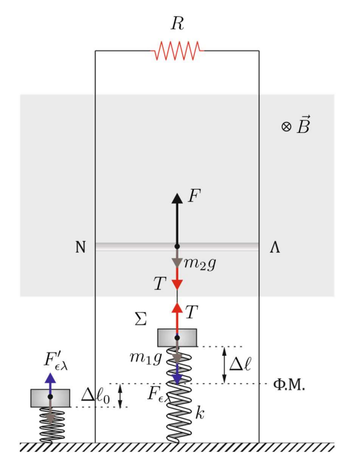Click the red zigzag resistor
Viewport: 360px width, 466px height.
coord(177,51)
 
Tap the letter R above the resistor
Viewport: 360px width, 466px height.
coord(177,24)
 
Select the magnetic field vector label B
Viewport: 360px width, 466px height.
coord(303,125)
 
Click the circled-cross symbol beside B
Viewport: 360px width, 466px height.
coord(286,127)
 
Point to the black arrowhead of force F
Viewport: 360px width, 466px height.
coord(177,199)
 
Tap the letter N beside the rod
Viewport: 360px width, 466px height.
coord(81,247)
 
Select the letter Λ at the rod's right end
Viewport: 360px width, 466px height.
coord(275,248)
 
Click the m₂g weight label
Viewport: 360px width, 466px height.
coord(200,264)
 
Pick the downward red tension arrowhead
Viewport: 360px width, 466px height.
coord(177,284)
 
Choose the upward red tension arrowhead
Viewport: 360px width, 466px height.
coord(177,307)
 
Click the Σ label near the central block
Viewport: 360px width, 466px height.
coord(140,319)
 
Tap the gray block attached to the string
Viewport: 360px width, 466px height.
coord(177,338)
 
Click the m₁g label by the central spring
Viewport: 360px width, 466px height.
coord(146,358)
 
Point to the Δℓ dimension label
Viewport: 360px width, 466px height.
coord(240,364)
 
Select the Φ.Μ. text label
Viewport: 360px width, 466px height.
coord(289,385)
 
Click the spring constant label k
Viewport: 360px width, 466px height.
coord(200,413)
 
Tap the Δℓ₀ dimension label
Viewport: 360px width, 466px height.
coord(96,396)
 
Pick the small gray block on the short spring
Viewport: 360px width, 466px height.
coord(50,398)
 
